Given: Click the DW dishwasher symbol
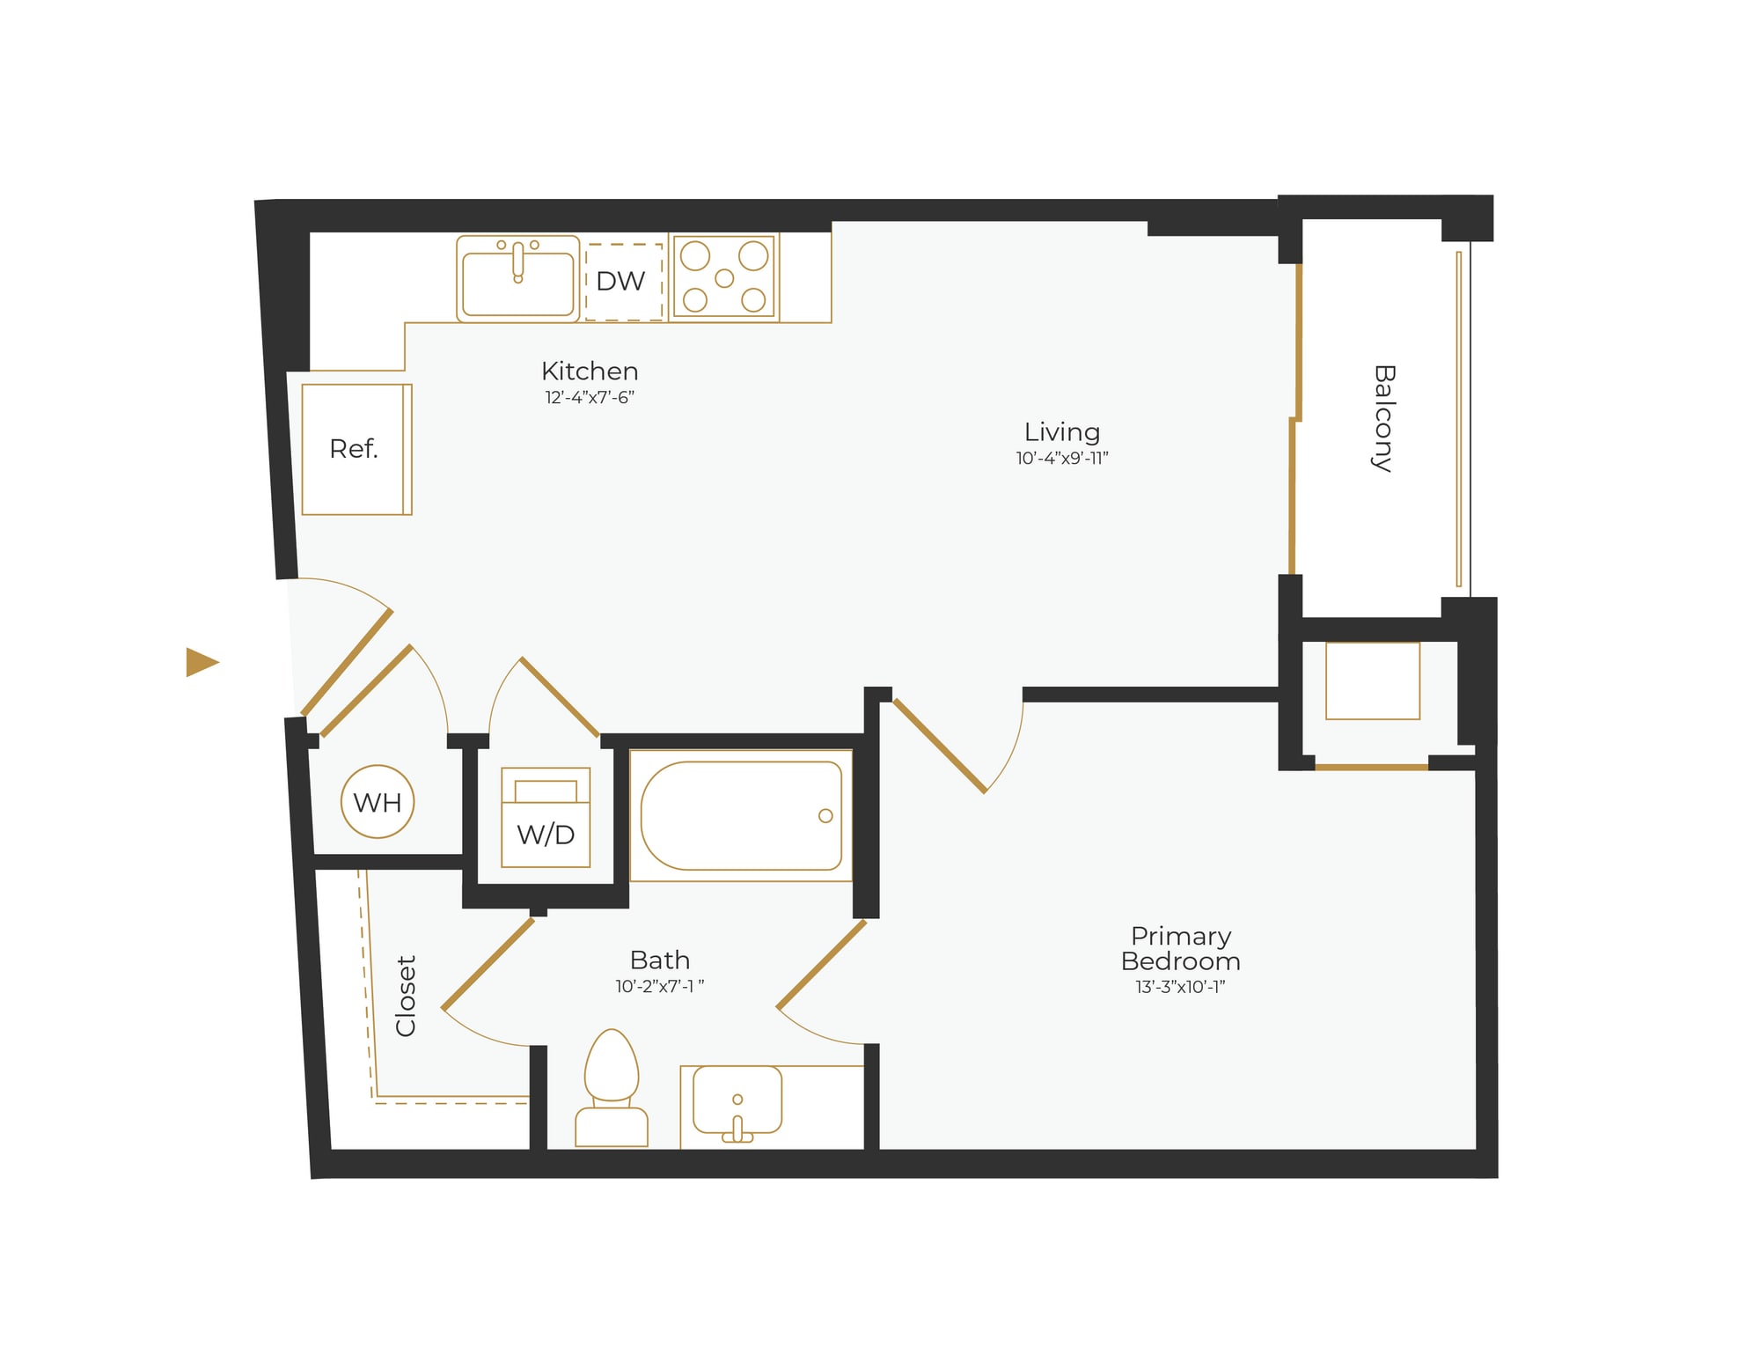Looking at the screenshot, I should click(623, 282).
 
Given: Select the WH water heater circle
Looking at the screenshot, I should click(378, 802).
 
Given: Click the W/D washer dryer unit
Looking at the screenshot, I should click(546, 818).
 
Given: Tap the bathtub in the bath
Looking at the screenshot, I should click(741, 816).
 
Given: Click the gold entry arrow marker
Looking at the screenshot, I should click(202, 662).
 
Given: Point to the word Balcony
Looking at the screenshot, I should click(1384, 419).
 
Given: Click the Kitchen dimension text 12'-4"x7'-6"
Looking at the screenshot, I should click(590, 398).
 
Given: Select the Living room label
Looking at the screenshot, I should click(1062, 432).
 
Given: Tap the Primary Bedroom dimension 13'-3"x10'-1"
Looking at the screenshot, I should click(1180, 987).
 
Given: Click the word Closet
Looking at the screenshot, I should click(406, 996).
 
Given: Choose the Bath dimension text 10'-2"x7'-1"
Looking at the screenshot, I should click(659, 987).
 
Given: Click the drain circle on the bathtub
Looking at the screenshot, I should click(825, 816).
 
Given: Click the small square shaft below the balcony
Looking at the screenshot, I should click(1373, 680).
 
